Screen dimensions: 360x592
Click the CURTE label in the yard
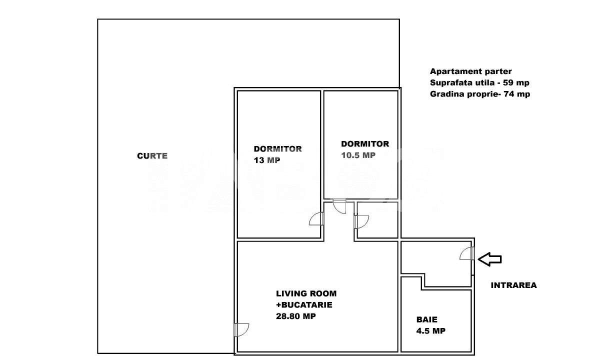[x=152, y=156]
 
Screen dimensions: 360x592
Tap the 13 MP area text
[x=267, y=160]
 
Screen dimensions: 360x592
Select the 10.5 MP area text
[x=358, y=155]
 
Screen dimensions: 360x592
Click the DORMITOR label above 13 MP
[x=277, y=149]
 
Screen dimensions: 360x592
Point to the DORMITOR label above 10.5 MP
[x=364, y=144]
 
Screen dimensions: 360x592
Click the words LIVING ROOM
[x=306, y=293]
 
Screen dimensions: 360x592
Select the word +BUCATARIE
[x=304, y=304]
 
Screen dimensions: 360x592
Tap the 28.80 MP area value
[x=296, y=316]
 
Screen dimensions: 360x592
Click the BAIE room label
[x=427, y=319]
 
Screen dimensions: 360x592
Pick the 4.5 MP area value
[x=431, y=331]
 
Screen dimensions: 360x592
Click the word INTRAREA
[x=513, y=285]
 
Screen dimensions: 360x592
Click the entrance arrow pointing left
[x=490, y=258]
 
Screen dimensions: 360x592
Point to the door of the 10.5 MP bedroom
[x=339, y=206]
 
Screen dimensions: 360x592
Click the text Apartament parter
[x=470, y=71]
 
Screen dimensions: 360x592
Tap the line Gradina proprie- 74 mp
[x=479, y=94]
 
